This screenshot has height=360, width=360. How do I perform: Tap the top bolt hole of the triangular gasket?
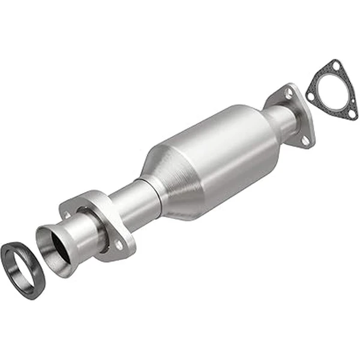(336, 65)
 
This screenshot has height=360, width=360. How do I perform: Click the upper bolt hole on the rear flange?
(290, 94)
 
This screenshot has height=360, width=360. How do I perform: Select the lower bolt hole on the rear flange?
(304, 140)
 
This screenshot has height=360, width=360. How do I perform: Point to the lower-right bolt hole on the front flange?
(119, 244)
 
